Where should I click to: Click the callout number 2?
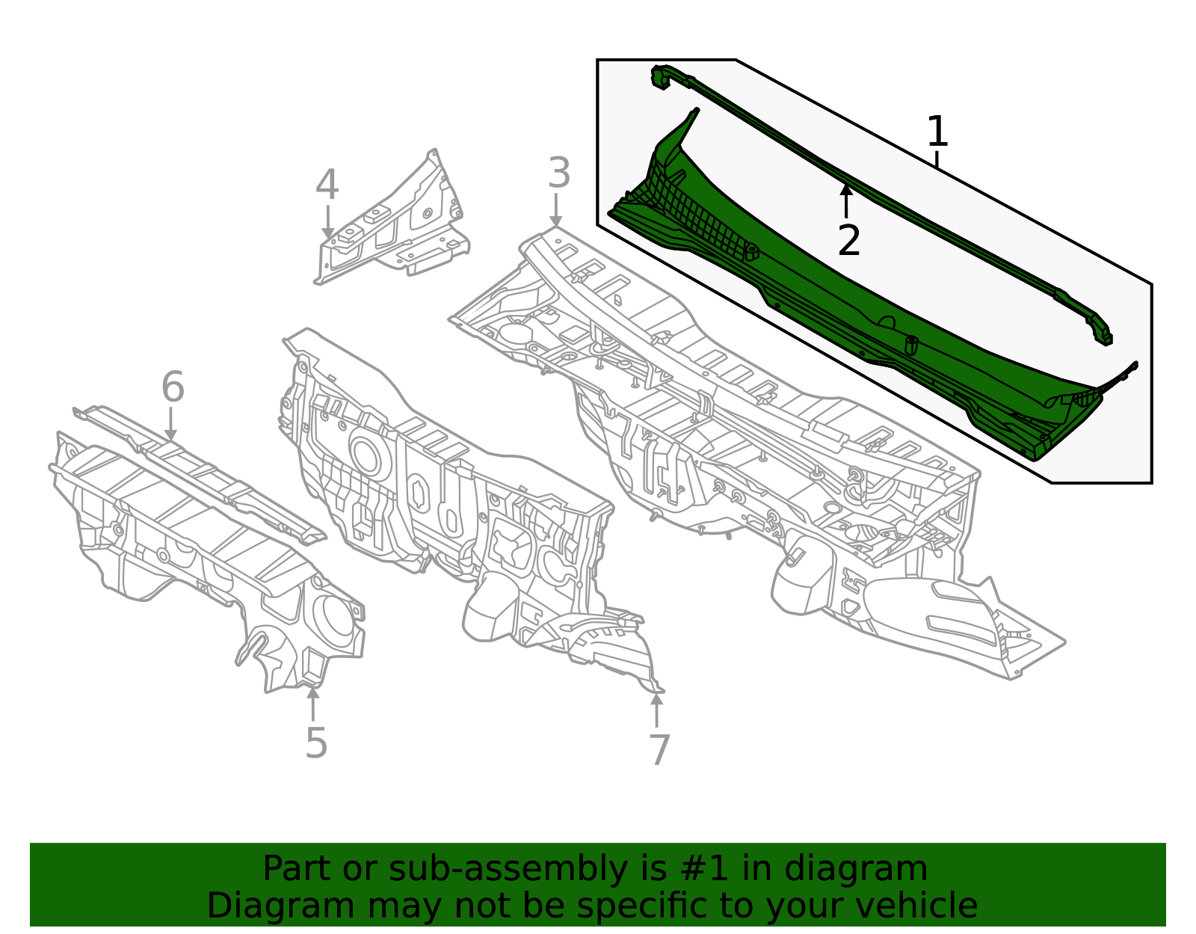(x=849, y=241)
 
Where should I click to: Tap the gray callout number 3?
(x=558, y=173)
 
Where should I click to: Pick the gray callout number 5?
(x=316, y=743)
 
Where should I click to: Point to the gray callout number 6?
(x=173, y=387)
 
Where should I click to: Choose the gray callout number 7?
(x=659, y=749)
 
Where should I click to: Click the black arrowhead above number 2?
(x=846, y=190)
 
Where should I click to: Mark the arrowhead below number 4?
(x=327, y=234)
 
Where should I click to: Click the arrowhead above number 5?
(x=313, y=692)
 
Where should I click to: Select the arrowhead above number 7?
(x=656, y=699)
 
